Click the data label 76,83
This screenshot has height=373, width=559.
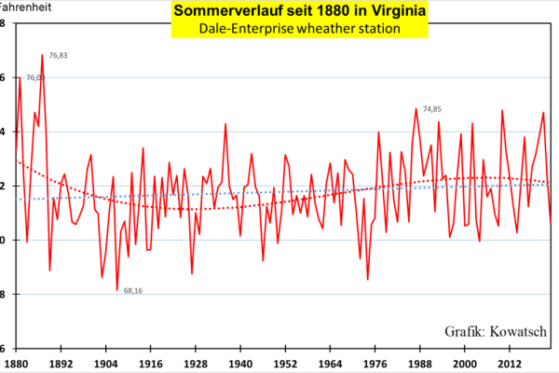[58, 56]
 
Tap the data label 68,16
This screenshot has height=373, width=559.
[133, 290]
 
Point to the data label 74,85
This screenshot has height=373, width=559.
[431, 109]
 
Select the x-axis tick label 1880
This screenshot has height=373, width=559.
[17, 362]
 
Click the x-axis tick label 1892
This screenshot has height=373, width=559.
[61, 362]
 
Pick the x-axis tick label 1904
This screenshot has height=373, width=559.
[106, 362]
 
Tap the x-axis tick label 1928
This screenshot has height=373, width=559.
[196, 362]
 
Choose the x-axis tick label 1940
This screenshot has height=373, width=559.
[241, 362]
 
